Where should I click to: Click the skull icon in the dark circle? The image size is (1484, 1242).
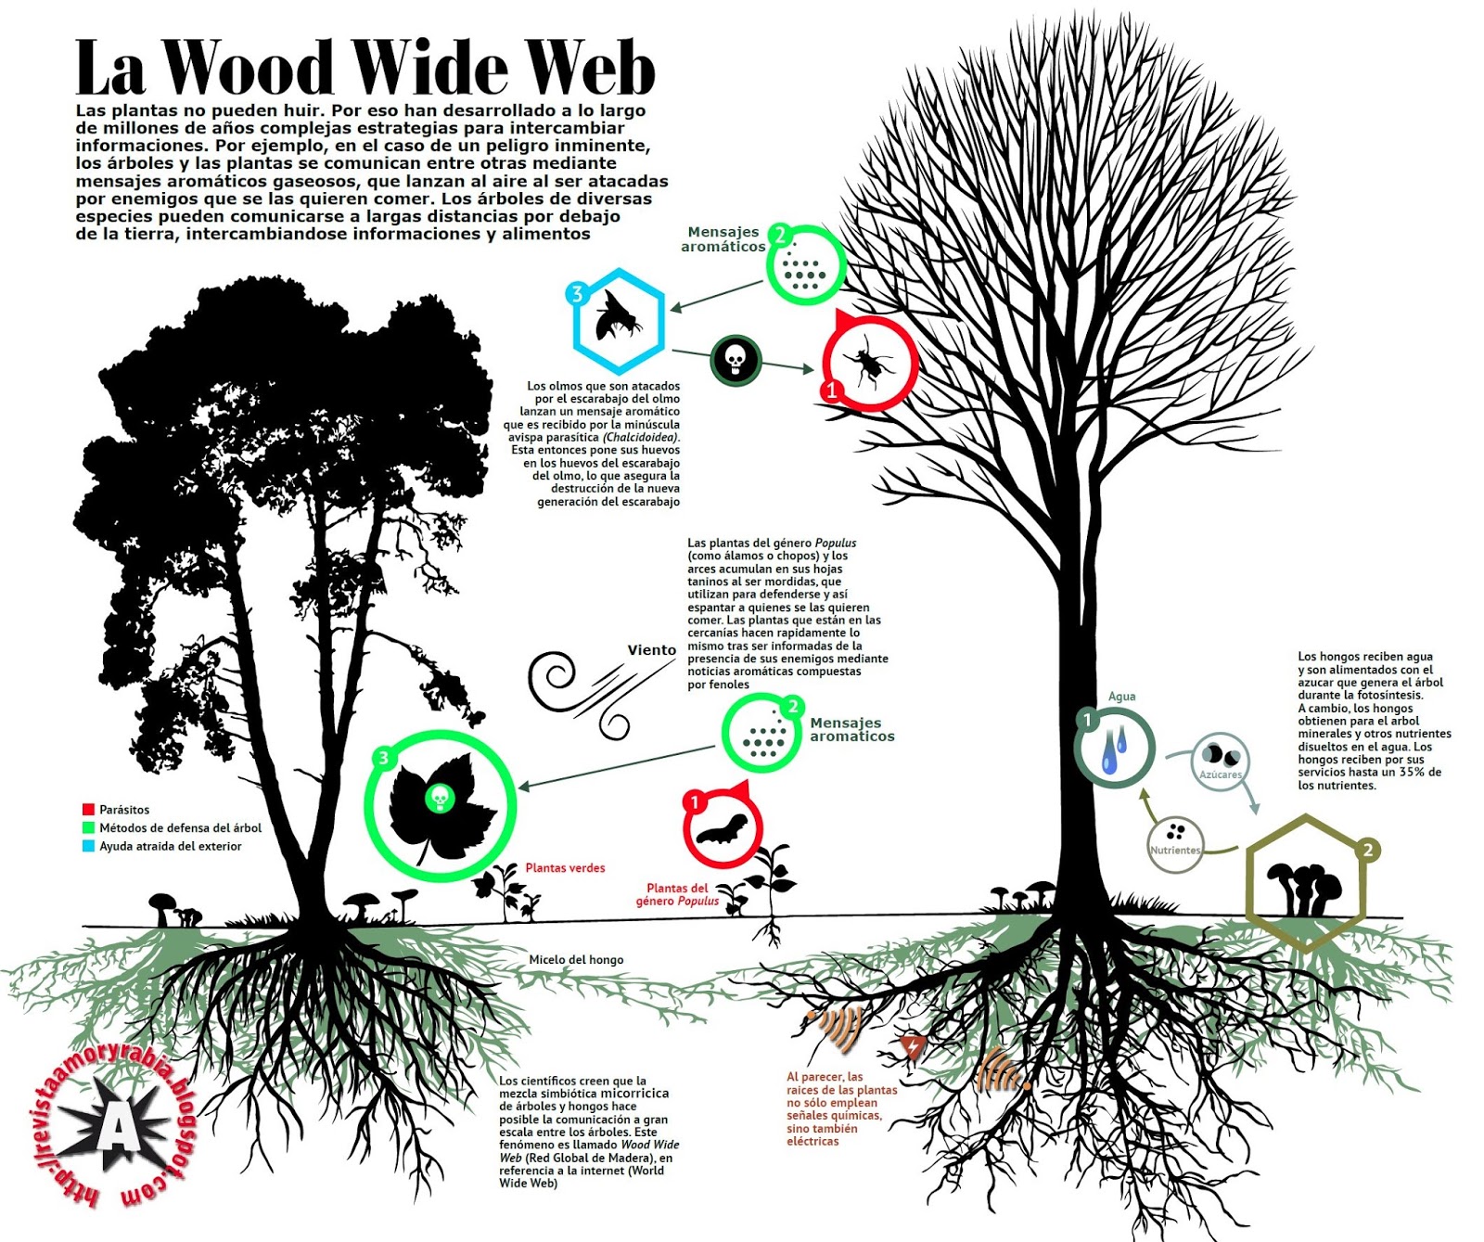coord(736,359)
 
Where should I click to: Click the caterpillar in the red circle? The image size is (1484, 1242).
coord(722,828)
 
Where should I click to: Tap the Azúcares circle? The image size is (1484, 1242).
coord(1221,762)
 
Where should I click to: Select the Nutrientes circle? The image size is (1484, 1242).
coord(1175,842)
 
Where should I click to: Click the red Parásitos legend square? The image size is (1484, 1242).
coord(88,810)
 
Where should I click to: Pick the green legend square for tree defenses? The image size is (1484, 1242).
coord(88,827)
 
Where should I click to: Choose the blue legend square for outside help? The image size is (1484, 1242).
coord(88,846)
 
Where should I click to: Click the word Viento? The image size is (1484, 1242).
coord(651,650)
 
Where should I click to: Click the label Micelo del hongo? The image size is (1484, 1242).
coord(576,960)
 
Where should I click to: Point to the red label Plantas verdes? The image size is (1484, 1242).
coord(565,868)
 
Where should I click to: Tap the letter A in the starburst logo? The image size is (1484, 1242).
coord(116,1129)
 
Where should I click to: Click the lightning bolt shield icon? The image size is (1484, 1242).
coord(914,1047)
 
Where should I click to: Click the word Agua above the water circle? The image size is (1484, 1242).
coord(1121,697)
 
